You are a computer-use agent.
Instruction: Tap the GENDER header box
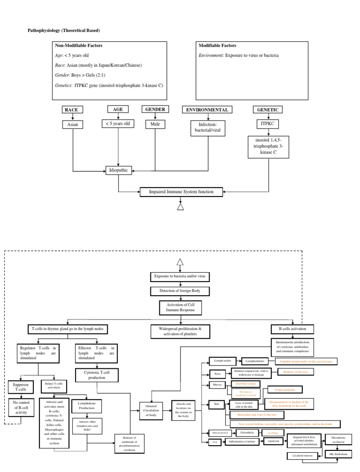click(x=155, y=110)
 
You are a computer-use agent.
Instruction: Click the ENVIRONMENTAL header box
click(x=207, y=110)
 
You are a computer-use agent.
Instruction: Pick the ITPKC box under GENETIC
click(x=268, y=124)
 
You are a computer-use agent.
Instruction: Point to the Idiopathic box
click(x=118, y=170)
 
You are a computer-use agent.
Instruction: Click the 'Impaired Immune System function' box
click(x=181, y=191)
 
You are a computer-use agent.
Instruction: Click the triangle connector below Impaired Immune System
click(x=181, y=206)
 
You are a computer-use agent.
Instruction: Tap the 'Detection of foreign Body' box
click(x=180, y=291)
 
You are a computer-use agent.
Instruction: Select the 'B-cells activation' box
click(x=292, y=329)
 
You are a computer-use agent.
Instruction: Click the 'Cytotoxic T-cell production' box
click(x=97, y=375)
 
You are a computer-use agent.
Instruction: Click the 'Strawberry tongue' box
click(x=243, y=384)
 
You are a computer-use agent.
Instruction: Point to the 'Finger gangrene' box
click(x=284, y=389)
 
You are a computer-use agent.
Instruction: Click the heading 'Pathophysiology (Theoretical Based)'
click(x=65, y=30)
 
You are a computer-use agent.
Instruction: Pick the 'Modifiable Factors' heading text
click(x=217, y=46)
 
